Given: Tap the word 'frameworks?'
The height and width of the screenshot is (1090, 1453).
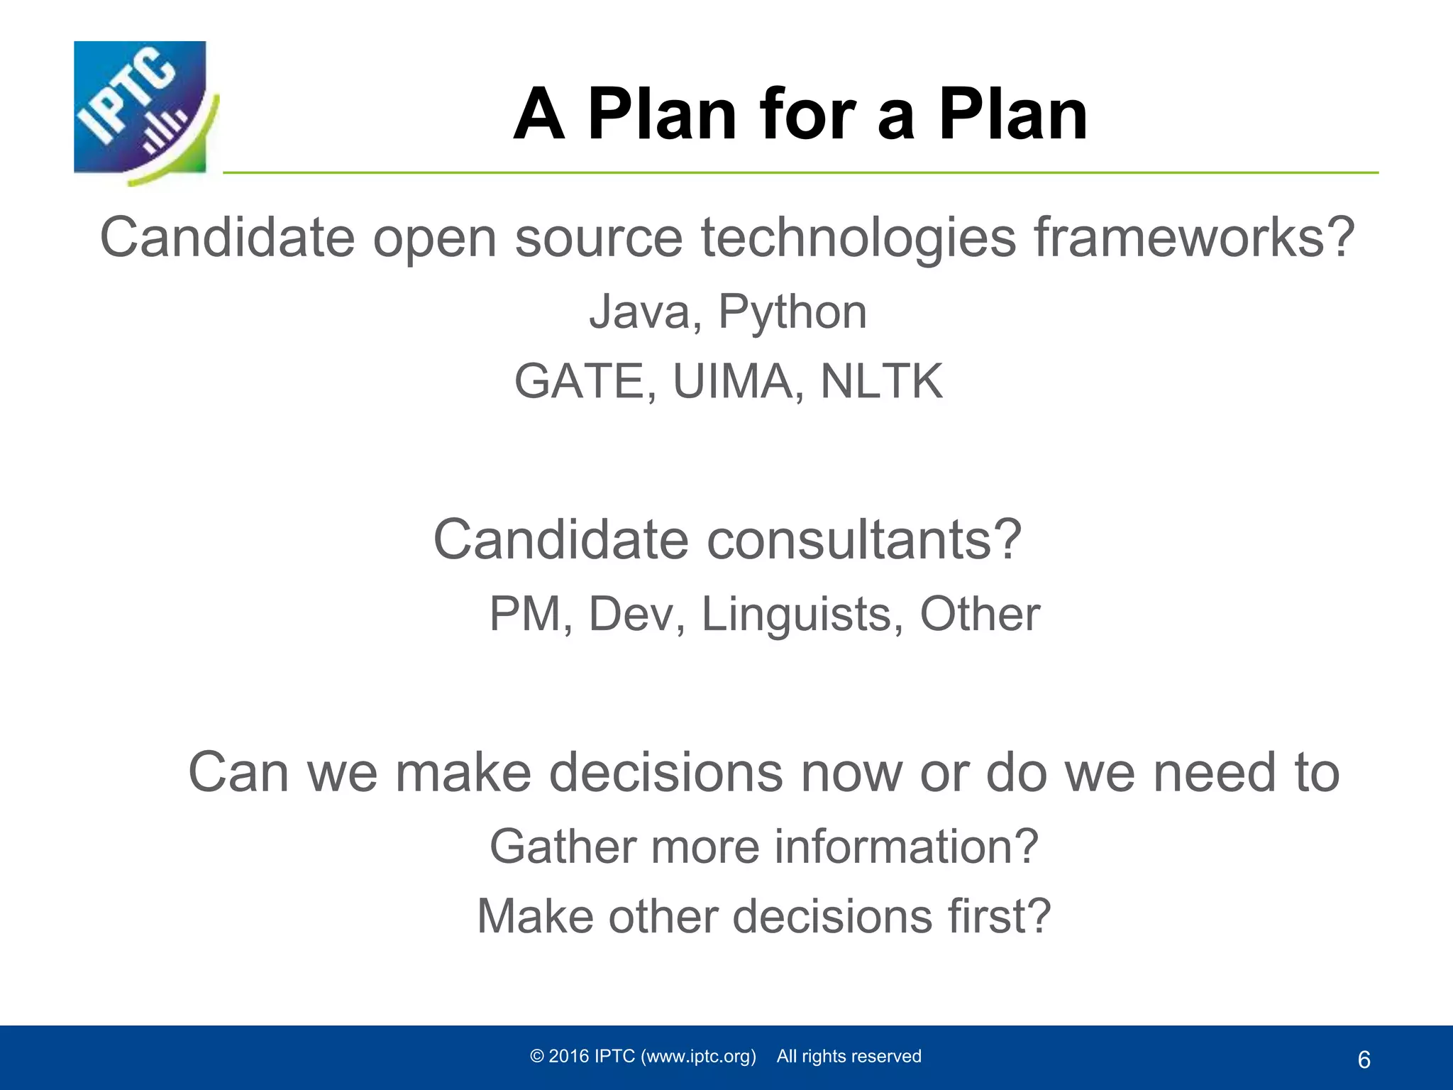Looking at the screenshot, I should (1194, 237).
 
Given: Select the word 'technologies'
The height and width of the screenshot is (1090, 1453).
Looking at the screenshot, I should (858, 237).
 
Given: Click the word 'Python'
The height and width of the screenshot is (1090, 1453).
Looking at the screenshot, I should (792, 313).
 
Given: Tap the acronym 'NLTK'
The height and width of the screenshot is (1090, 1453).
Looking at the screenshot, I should (881, 382).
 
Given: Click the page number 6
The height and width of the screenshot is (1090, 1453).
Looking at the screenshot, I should (1364, 1060).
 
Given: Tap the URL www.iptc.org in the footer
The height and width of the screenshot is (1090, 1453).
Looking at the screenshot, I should (698, 1057).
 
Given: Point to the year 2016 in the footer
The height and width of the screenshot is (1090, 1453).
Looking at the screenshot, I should (569, 1057).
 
